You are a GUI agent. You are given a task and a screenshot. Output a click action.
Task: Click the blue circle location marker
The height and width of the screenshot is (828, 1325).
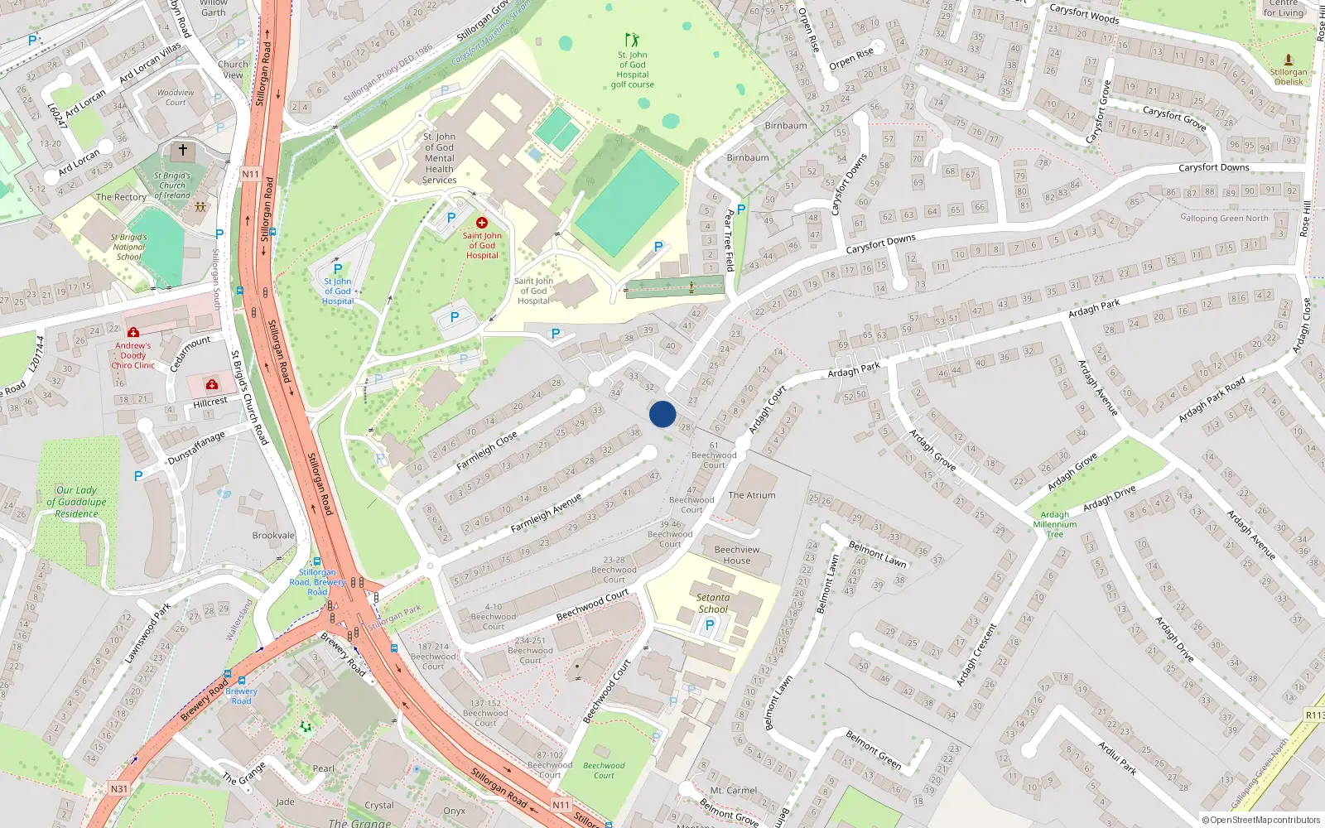point(662,414)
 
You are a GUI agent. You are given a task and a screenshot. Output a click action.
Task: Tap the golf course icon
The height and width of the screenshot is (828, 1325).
point(632,40)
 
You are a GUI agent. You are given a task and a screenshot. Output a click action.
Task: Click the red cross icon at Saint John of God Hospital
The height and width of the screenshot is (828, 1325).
point(481,223)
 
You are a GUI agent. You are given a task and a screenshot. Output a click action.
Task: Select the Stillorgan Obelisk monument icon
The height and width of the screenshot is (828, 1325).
point(1289,60)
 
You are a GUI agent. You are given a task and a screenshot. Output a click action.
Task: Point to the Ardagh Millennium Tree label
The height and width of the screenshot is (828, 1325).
point(1055,524)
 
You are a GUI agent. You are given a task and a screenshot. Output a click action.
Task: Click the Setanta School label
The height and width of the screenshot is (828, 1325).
point(713,603)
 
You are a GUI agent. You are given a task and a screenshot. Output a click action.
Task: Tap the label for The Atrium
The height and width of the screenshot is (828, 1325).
point(752,495)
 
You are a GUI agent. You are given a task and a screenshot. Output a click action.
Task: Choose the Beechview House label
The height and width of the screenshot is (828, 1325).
point(736,555)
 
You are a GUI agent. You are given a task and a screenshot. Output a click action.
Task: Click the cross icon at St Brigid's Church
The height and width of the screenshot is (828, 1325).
point(183,150)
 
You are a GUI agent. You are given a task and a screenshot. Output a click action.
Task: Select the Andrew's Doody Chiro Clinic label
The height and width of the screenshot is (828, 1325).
point(133,355)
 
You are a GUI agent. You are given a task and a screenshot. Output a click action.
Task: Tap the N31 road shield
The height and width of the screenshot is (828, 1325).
point(119,789)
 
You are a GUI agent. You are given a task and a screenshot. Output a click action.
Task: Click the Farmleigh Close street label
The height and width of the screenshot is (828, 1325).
point(487,450)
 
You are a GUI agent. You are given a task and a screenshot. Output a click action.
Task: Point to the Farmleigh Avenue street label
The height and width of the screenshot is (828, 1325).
point(546,513)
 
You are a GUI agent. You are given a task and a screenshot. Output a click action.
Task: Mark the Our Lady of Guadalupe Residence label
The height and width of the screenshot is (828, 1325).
point(76,502)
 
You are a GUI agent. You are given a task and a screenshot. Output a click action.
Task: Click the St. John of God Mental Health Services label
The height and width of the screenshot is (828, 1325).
point(439,158)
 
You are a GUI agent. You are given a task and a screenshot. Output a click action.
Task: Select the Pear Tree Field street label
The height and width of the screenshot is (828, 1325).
point(729,240)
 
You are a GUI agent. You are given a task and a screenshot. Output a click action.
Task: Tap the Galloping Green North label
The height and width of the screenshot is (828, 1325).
point(1224,219)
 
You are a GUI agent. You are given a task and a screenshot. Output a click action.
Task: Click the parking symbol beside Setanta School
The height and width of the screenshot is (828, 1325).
point(709,626)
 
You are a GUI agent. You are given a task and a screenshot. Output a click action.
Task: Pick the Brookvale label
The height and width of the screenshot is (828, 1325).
point(273,536)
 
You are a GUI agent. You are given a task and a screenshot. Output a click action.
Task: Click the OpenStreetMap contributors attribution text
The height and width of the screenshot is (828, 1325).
point(1261,820)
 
